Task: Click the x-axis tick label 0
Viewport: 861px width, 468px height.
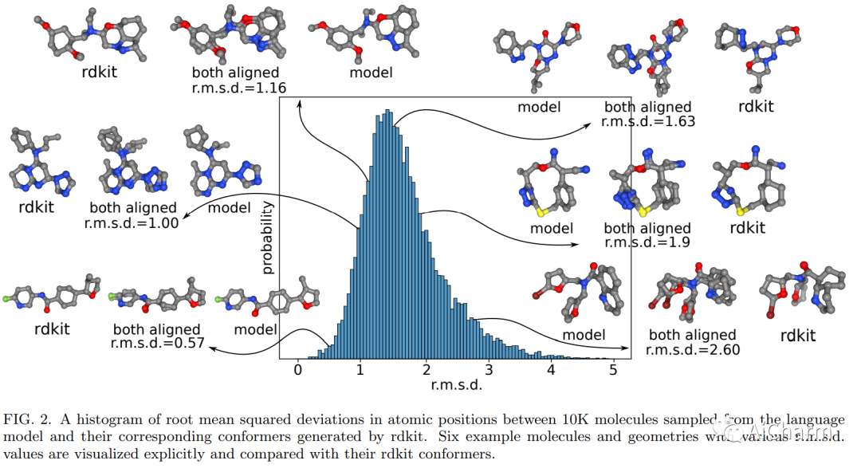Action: [x=298, y=369]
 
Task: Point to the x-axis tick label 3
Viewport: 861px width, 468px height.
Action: [x=488, y=369]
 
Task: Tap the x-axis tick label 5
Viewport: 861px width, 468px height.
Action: [x=613, y=369]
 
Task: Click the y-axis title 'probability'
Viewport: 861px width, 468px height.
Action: [x=267, y=238]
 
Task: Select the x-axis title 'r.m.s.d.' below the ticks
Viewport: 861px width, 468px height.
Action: [x=457, y=384]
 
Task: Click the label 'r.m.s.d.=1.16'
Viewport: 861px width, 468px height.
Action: [x=236, y=87]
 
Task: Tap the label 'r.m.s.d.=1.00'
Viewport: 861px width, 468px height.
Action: [x=132, y=223]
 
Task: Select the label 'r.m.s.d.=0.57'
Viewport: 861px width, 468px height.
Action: [x=156, y=344]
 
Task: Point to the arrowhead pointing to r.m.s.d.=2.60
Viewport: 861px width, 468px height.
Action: [x=625, y=348]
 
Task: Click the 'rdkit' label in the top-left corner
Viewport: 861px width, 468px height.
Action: [x=100, y=72]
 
